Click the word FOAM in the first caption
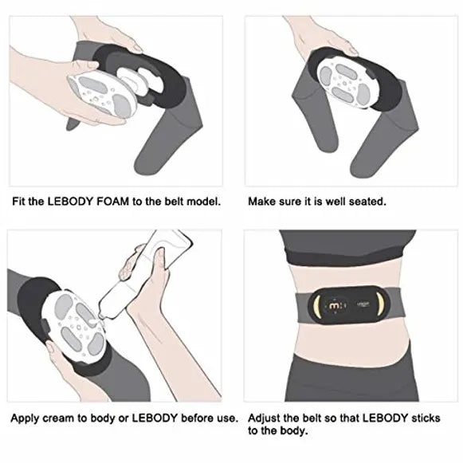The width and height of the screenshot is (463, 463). point(113,202)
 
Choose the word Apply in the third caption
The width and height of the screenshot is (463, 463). point(25,418)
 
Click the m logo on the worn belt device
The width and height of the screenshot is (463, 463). point(334,306)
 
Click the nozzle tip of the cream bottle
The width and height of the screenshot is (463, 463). point(101,317)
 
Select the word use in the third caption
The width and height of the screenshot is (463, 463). point(230,418)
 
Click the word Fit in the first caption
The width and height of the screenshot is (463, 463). point(19,202)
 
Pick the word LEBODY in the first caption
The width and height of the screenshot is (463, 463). point(71,202)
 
